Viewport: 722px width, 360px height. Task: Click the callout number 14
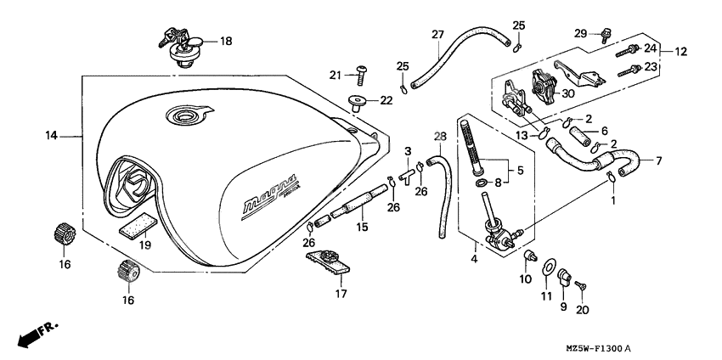(51, 135)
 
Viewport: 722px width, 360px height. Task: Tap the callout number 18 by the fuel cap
(225, 41)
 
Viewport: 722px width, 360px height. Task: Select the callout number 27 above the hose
(437, 35)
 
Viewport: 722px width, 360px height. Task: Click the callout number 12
(680, 52)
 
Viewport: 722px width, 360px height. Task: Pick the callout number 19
(145, 245)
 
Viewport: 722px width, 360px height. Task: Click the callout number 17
(341, 295)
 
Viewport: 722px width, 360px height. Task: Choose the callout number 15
(362, 228)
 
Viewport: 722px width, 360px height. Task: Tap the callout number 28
(439, 136)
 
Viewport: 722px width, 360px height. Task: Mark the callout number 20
(582, 310)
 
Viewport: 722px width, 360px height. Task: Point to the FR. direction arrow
(33, 334)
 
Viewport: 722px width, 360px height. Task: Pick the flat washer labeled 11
(546, 271)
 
